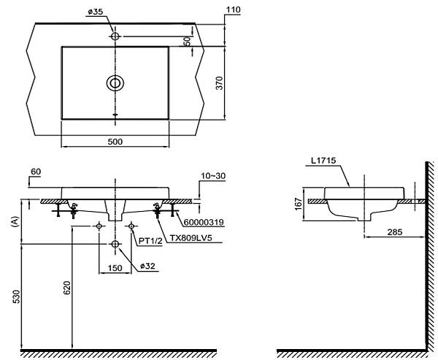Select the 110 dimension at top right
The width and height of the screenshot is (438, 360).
(x=232, y=9)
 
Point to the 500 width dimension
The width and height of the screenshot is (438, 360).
(x=115, y=140)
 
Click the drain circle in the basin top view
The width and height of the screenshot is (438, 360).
(x=115, y=83)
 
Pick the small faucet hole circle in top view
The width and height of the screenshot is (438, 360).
(x=115, y=36)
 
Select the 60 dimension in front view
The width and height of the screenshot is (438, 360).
(x=36, y=172)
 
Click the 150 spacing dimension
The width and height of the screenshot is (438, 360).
(x=115, y=268)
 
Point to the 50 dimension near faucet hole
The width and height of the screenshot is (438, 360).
(x=187, y=41)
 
